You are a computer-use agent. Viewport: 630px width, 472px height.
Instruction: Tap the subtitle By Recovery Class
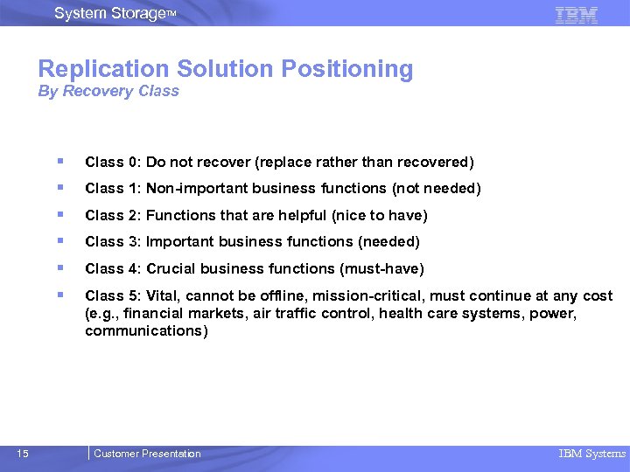(108, 91)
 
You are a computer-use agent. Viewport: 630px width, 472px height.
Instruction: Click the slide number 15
(23, 453)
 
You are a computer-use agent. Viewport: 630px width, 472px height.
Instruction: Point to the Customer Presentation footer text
(147, 454)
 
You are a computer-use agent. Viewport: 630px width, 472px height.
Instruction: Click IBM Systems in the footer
(592, 454)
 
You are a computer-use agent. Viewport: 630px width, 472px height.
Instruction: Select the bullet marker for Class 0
(59, 161)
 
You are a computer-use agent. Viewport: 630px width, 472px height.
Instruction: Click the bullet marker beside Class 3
(59, 240)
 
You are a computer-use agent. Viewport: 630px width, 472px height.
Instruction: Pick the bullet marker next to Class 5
(59, 295)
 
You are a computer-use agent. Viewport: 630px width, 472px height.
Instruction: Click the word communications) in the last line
(146, 331)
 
